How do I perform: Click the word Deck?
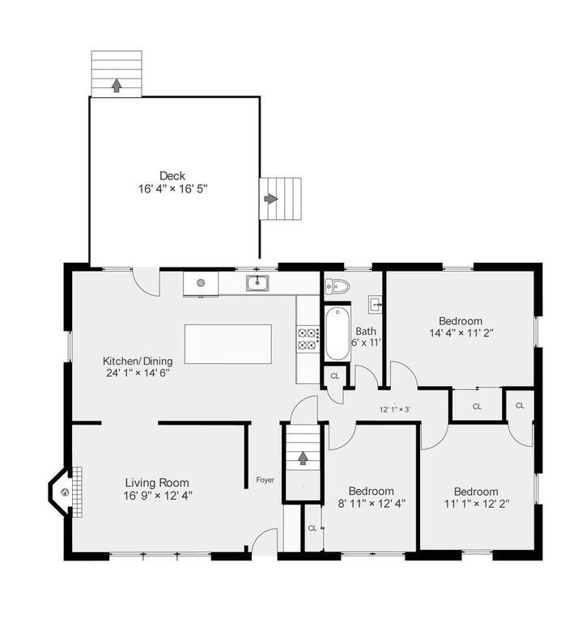[172, 175]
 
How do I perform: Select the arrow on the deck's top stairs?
[117, 84]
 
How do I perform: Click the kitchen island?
[228, 344]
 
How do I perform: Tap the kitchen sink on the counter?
[258, 283]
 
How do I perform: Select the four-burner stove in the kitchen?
[308, 338]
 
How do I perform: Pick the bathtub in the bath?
[336, 333]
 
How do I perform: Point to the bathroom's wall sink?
[376, 305]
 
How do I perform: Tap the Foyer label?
[265, 480]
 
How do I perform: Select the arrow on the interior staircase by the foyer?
[303, 458]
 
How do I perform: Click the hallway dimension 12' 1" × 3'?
[396, 409]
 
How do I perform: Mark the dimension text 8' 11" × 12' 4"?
[372, 503]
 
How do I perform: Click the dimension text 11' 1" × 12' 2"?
[476, 504]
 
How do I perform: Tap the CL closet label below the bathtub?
[335, 377]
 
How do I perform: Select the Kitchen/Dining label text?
[135, 361]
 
